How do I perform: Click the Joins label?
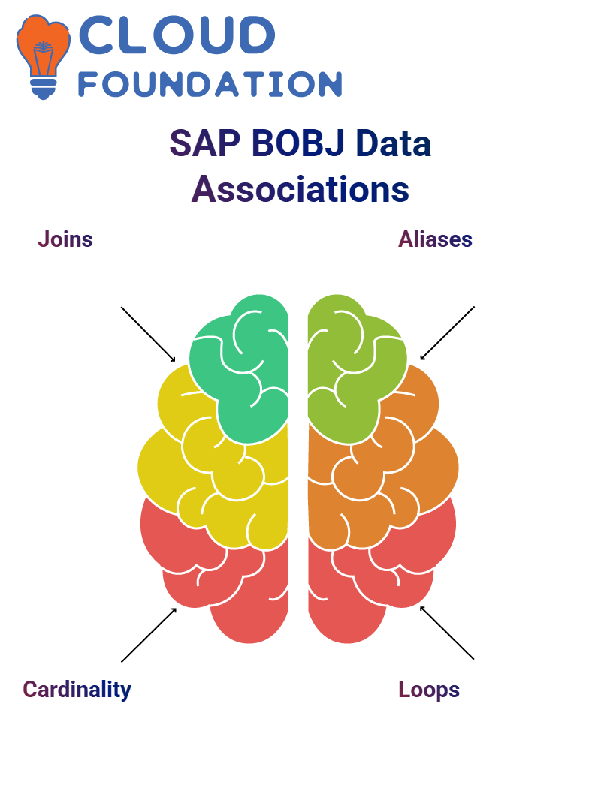(65, 239)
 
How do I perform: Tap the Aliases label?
(436, 239)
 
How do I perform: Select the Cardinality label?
(77, 690)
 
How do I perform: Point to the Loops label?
(429, 690)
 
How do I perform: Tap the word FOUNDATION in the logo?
(210, 85)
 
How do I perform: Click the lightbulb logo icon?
(44, 56)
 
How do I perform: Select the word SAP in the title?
(205, 143)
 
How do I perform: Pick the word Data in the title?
(394, 143)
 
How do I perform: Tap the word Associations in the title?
(300, 189)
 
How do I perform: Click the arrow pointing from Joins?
(148, 335)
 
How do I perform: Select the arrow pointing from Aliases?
(447, 333)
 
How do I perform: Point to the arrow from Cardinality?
(149, 635)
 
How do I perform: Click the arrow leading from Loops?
(447, 633)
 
